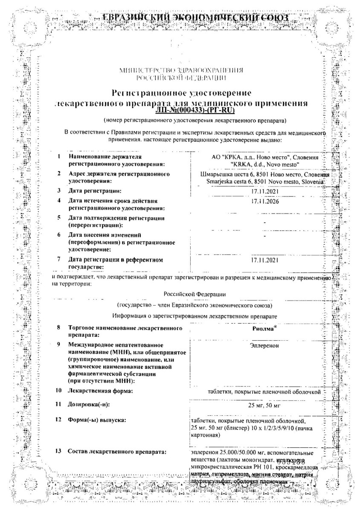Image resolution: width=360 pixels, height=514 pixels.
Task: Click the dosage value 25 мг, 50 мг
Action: click(x=265, y=405)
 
